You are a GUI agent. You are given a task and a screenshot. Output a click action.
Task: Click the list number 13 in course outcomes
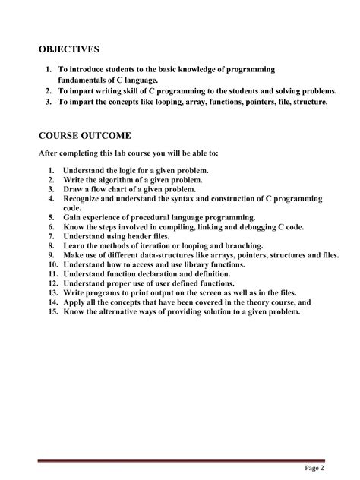52,292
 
